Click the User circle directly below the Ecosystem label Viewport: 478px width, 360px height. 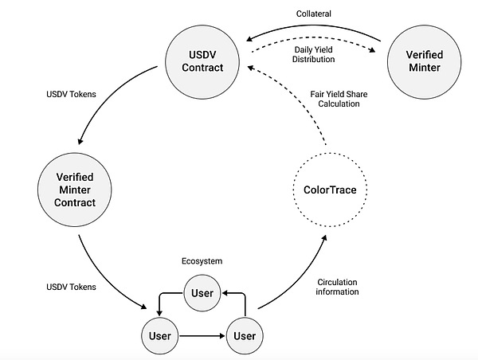(202, 292)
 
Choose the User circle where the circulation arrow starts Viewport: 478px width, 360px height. (244, 335)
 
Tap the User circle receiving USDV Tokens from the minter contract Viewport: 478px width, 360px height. (159, 335)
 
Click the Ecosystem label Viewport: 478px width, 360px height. (201, 260)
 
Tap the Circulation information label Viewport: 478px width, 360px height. (338, 286)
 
